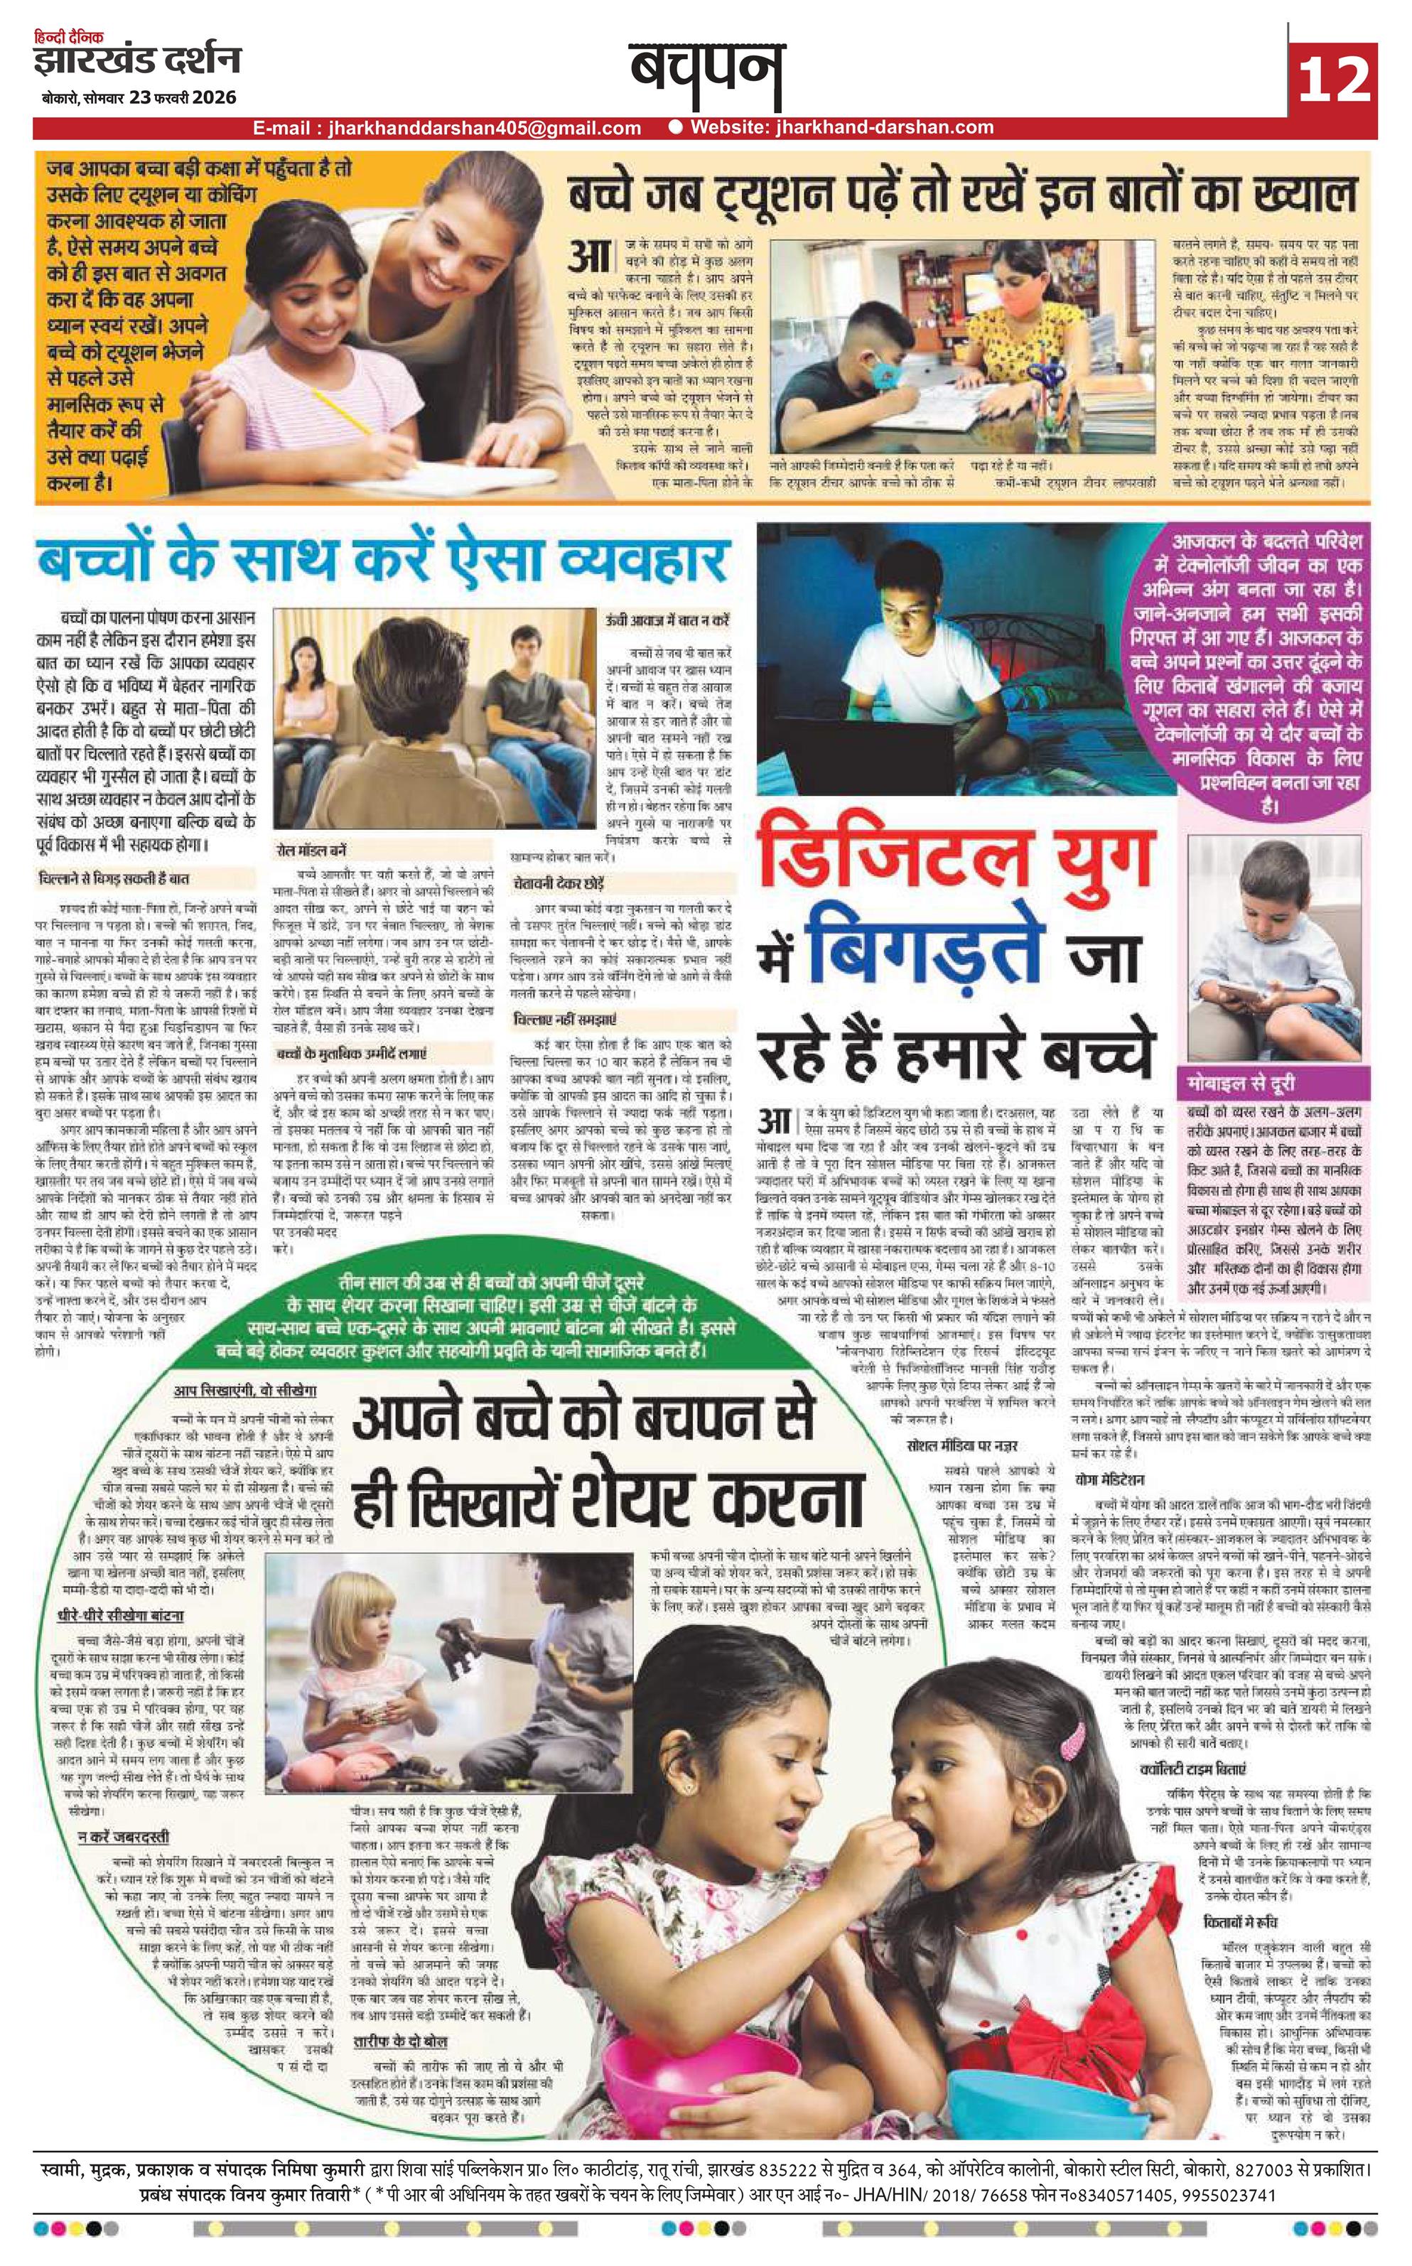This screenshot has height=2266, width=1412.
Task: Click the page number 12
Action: click(1334, 77)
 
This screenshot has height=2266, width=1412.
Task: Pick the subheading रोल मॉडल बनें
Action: click(312, 851)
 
